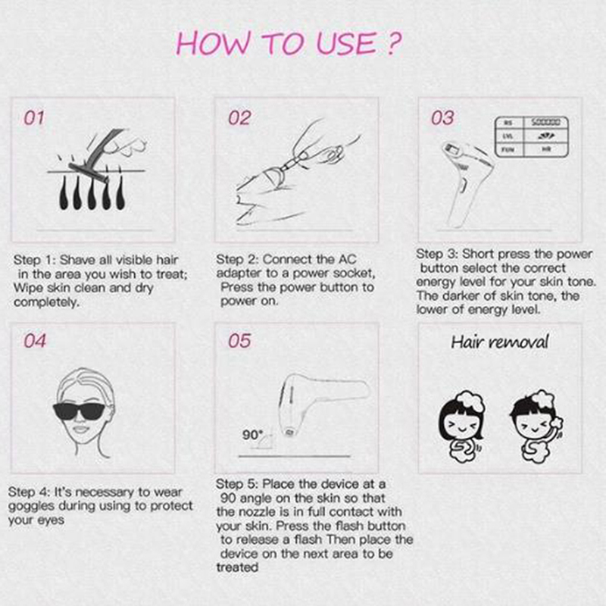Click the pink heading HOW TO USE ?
pos(289,43)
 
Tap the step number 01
pos(34,118)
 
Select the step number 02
pos(239,118)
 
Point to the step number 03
pos(442,118)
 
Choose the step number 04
pos(35,340)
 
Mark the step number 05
pos(239,340)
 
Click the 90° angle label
pos(252,435)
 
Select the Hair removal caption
pos(500,342)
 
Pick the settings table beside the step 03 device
pos(532,136)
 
